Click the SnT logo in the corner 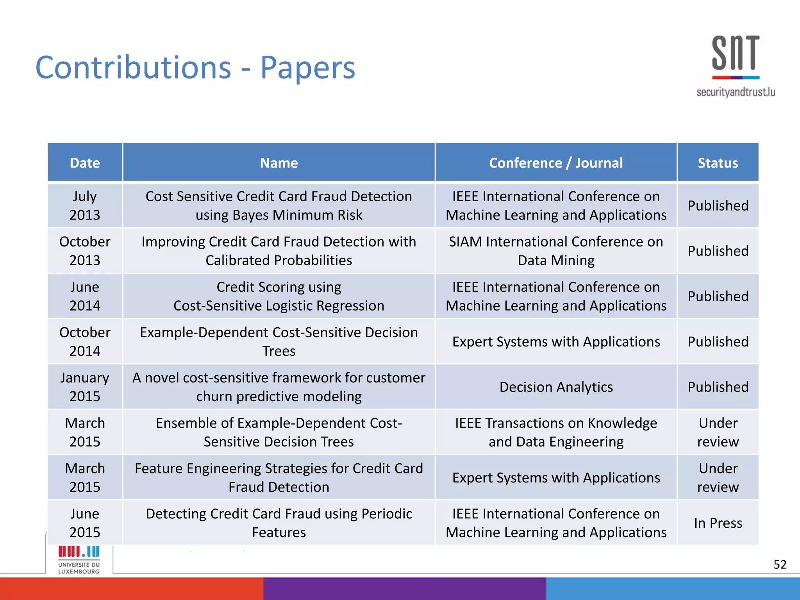point(736,57)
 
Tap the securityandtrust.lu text point(736,92)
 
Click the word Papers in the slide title point(307,68)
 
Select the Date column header point(85,162)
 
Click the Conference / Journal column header point(555,162)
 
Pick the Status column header point(718,162)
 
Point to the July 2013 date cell point(85,205)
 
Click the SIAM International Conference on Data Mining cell point(555,251)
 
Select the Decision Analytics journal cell point(555,387)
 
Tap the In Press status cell point(718,523)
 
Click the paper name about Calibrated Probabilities point(279,251)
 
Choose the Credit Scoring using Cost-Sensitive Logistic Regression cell point(279,296)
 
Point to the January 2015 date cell point(85,387)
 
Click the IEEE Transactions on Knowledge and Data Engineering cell point(555,432)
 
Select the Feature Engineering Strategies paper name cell point(279,477)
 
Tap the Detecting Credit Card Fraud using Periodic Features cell point(279,523)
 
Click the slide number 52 point(780,564)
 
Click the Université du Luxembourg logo point(79,560)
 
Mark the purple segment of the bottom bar point(404,589)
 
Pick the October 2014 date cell point(85,341)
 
